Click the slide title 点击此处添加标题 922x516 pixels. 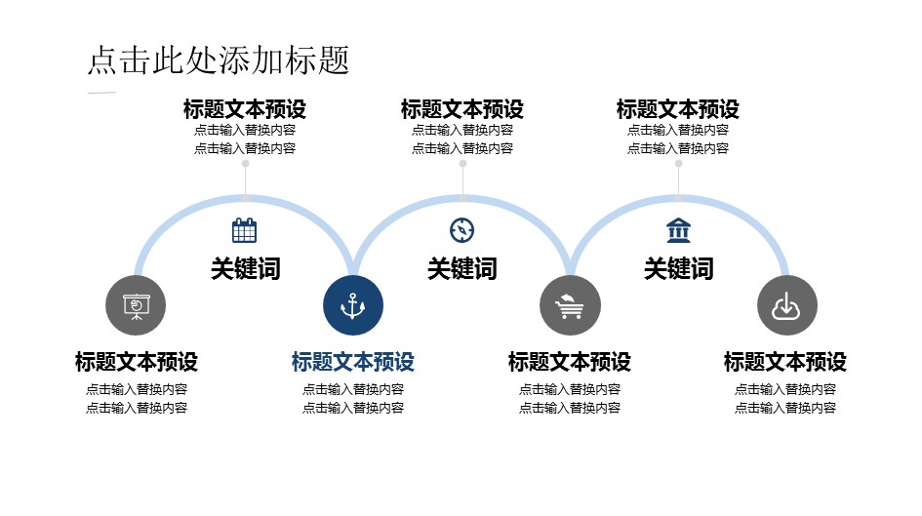click(x=218, y=60)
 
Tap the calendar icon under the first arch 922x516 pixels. click(x=245, y=230)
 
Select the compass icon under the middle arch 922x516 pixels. click(x=461, y=230)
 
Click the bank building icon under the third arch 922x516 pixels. click(x=678, y=230)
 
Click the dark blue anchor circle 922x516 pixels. click(x=353, y=305)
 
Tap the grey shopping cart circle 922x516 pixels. click(x=570, y=305)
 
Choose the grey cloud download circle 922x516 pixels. click(x=786, y=305)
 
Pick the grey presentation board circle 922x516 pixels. click(x=136, y=305)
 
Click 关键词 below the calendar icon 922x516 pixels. click(x=245, y=268)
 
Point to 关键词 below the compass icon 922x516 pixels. click(x=461, y=268)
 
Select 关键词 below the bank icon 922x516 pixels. click(x=678, y=268)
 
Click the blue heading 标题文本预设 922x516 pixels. click(x=353, y=362)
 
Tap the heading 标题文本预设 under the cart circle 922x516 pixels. click(x=570, y=362)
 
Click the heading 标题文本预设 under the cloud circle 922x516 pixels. click(x=785, y=362)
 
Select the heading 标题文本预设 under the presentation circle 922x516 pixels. click(x=137, y=362)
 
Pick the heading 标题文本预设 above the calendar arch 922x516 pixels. click(x=245, y=108)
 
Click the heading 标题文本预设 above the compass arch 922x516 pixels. click(x=461, y=108)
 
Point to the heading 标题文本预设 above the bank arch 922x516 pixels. click(x=678, y=108)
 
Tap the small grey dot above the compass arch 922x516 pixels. click(x=462, y=164)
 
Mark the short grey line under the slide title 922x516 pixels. click(x=101, y=93)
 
